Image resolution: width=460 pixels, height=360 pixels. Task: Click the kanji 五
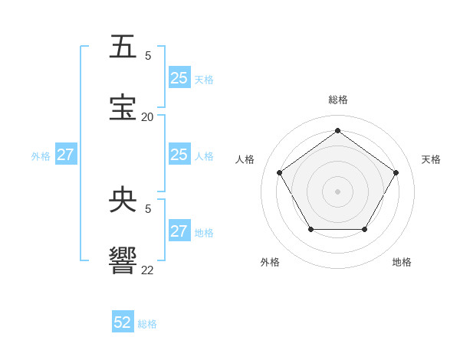tap(123, 47)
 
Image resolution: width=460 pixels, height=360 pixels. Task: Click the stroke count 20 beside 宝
tap(147, 117)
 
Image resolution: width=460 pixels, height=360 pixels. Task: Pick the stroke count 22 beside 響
tap(147, 270)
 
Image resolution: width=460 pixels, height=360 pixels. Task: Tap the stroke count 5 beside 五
tap(147, 56)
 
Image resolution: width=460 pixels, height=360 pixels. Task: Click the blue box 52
tap(123, 322)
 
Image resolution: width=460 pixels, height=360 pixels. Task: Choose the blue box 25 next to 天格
tap(179, 78)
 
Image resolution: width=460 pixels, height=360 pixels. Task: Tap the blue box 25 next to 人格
tap(179, 155)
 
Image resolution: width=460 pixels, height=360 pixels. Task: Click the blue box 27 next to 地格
tap(179, 231)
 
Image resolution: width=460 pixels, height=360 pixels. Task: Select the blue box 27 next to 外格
tap(66, 155)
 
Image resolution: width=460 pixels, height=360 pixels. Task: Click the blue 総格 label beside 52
tap(147, 324)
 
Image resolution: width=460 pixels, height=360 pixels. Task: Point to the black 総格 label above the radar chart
tap(337, 100)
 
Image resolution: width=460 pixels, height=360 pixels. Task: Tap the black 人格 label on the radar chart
tap(245, 159)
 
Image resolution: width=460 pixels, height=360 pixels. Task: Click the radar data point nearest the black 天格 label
tap(396, 172)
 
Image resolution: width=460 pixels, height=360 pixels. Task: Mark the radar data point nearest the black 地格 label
tap(364, 229)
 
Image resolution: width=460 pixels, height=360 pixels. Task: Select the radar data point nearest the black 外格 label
tap(310, 229)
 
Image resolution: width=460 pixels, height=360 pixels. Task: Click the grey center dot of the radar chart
tap(337, 191)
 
